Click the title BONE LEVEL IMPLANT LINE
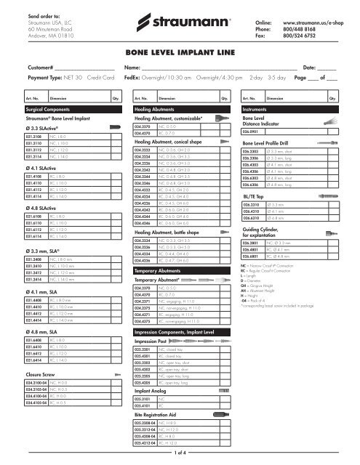(x=179, y=53)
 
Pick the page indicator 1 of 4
(x=180, y=455)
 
